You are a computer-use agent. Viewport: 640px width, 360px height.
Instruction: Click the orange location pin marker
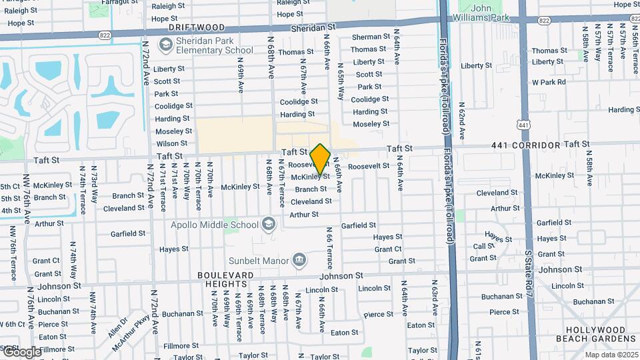click(320, 159)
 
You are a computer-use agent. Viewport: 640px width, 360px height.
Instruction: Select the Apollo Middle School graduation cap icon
click(269, 224)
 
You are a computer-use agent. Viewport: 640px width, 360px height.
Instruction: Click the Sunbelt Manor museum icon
click(299, 259)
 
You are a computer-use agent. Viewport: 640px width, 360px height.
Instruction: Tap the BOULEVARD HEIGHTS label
click(225, 279)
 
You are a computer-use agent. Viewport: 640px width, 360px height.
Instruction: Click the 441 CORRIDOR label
click(526, 145)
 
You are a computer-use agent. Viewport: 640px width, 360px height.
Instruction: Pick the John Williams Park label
click(489, 13)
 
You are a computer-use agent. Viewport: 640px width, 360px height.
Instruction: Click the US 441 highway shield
click(524, 124)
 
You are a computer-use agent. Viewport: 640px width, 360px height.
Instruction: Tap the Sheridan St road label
click(313, 28)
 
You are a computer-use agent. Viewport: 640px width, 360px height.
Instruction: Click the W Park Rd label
click(549, 82)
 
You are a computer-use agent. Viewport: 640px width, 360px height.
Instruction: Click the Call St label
click(483, 246)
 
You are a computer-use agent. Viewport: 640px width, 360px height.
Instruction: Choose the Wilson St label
click(171, 143)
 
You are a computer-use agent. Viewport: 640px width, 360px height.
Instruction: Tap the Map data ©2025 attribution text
click(611, 355)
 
